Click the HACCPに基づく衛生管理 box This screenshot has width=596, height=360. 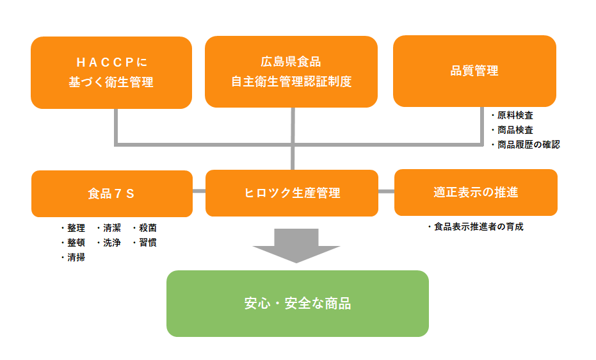pos(111,72)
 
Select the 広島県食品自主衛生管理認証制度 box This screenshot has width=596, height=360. pos(291,72)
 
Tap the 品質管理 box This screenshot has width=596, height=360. pos(474,71)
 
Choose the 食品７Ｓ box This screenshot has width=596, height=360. pos(111,193)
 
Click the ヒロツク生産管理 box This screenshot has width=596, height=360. pos(291,193)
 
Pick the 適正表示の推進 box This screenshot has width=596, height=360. pos(476,192)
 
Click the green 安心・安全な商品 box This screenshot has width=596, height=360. pos(297,304)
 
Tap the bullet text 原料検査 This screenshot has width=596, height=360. pos(515,116)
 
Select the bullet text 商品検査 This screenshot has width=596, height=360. pos(515,130)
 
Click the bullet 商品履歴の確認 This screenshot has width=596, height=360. pos(528,145)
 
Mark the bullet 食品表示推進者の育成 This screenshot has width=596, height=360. pos(478,227)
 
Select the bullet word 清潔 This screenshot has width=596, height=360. pos(112,228)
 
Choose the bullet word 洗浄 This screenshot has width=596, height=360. pos(112,243)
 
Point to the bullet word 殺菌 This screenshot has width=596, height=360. pos(148,228)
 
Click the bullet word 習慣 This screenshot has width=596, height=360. pos(148,243)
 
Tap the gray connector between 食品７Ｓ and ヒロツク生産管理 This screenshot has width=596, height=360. pos(199,191)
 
